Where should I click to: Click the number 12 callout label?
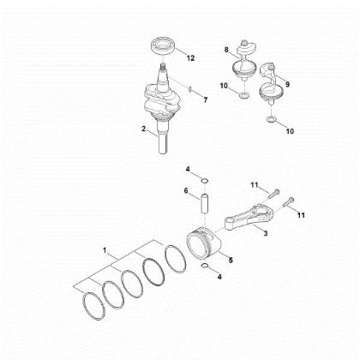(x=191, y=57)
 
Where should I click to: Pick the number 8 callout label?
(x=226, y=51)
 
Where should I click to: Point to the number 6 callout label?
(x=185, y=193)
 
